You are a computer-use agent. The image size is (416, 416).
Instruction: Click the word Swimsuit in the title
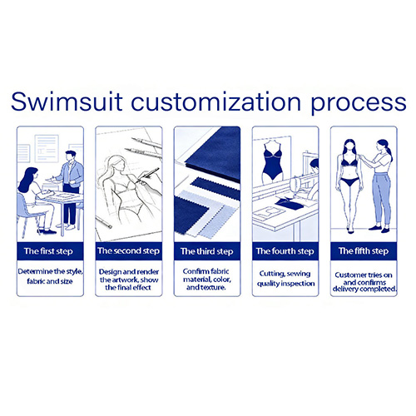point(67,102)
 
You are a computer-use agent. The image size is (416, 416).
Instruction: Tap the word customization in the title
point(215,102)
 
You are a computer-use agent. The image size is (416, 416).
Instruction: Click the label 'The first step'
point(48,251)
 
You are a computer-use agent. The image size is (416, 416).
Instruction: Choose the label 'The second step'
point(128,251)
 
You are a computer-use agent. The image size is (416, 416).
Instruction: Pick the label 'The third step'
point(206,251)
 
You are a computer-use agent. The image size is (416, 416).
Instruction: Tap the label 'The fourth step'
point(285,251)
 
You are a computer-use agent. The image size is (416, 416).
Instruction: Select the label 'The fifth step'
point(364,251)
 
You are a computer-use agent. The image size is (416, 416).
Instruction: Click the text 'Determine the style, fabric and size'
point(50,276)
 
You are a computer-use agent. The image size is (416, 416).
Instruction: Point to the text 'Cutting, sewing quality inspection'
point(285,279)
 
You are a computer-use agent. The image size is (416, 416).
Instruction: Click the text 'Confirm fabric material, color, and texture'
point(206,279)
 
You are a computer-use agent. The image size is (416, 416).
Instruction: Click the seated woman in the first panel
point(35,201)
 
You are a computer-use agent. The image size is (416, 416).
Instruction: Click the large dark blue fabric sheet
point(213,154)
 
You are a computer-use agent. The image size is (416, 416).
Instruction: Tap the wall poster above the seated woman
point(47,148)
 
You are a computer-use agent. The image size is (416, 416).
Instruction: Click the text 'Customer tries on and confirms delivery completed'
point(364,282)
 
